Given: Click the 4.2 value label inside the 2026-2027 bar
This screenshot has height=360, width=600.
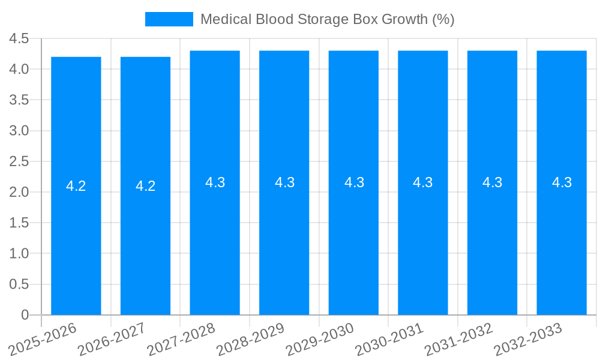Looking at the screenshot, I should click(145, 186).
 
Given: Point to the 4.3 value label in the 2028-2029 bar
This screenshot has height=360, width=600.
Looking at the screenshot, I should click(284, 182).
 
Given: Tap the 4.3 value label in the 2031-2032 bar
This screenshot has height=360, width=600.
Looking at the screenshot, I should click(493, 182).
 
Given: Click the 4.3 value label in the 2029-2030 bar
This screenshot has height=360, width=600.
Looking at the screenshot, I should click(354, 182).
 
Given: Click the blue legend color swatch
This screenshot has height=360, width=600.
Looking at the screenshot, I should click(169, 19).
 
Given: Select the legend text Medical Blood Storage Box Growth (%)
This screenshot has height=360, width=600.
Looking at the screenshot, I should click(327, 19).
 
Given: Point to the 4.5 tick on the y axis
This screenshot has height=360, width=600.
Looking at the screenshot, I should click(19, 39).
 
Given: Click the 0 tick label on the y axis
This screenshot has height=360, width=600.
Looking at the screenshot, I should click(25, 315).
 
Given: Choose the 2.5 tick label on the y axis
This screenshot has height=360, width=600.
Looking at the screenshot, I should click(19, 161).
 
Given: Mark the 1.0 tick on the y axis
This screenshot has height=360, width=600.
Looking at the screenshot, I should click(19, 254).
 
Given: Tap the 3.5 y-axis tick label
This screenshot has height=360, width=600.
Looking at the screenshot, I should click(19, 100).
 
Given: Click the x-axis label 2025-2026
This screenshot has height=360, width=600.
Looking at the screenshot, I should click(43, 339).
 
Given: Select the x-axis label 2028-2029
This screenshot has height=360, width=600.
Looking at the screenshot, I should click(251, 339).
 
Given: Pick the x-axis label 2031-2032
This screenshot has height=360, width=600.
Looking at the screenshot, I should click(460, 339).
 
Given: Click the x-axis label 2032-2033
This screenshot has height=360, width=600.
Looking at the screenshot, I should click(529, 339).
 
